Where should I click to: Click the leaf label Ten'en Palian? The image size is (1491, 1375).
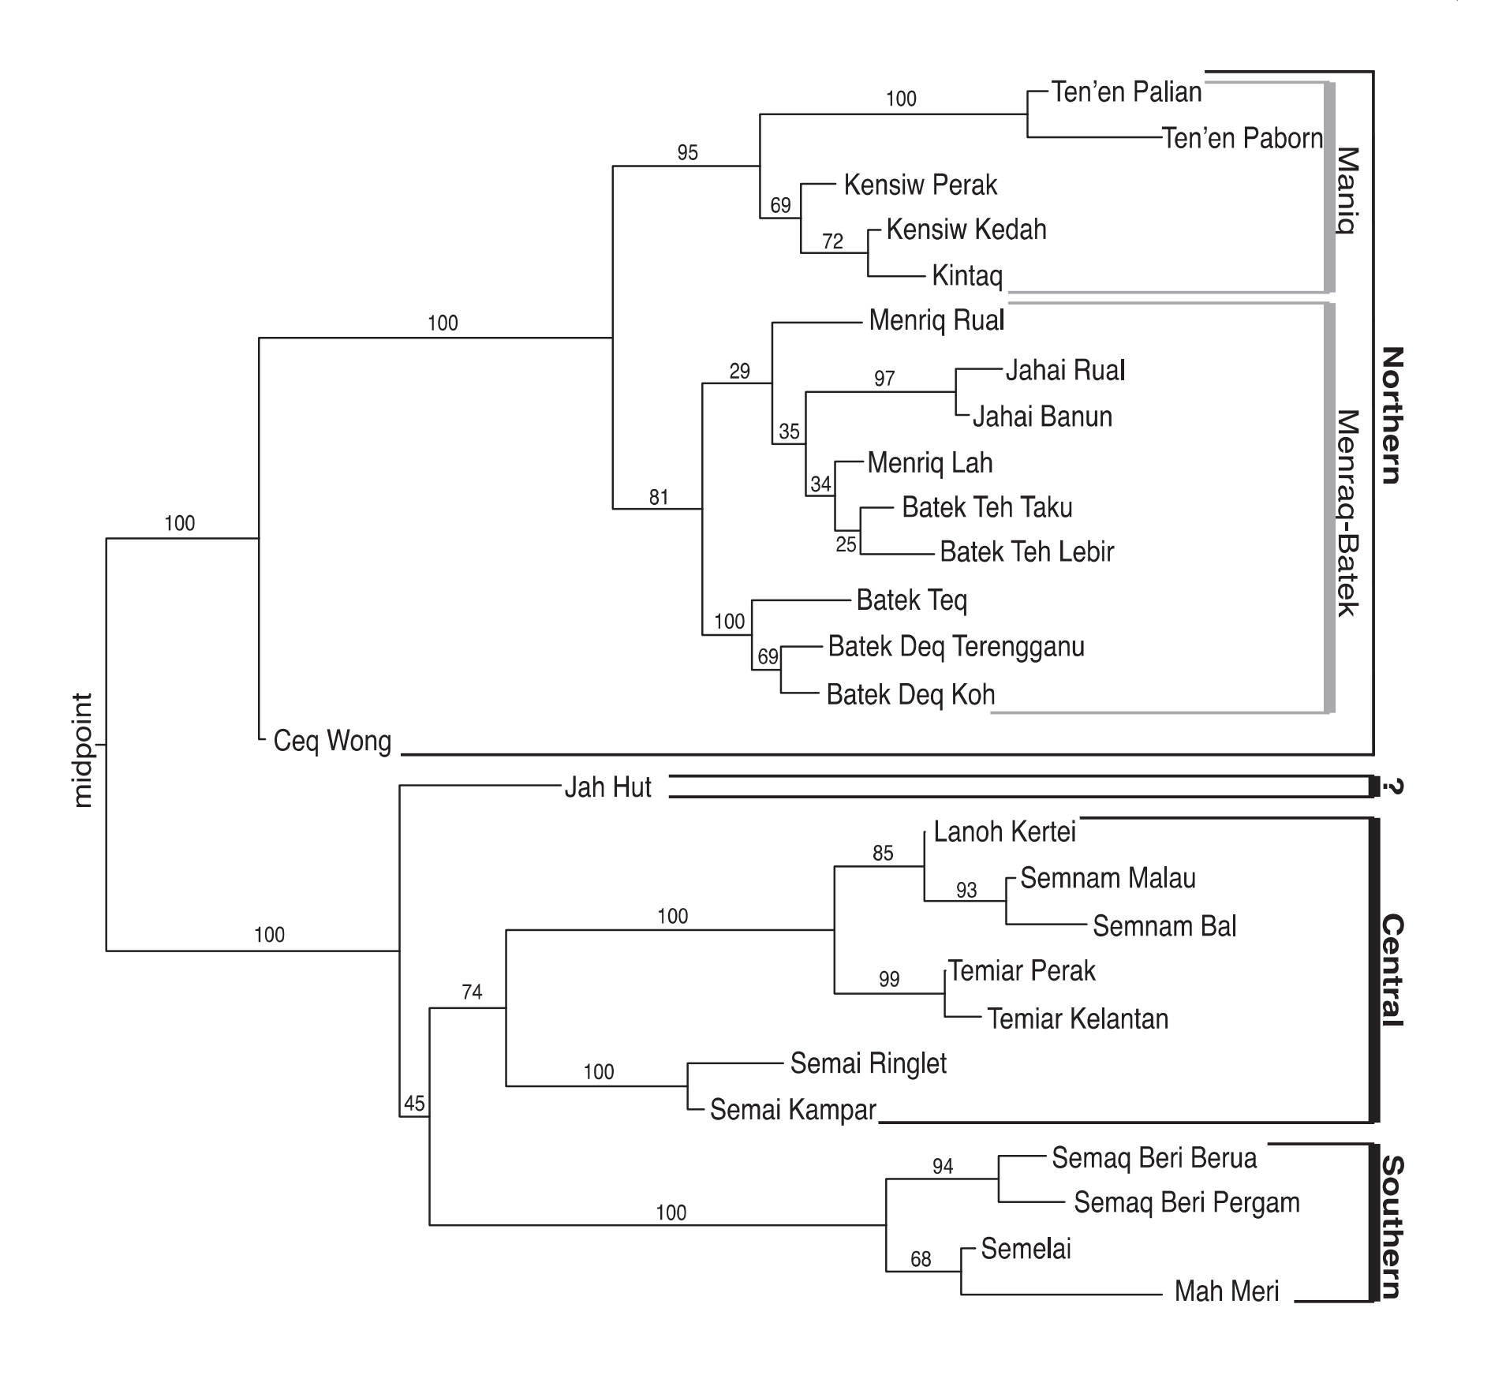click(x=1126, y=92)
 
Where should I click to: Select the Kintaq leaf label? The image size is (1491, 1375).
click(x=966, y=276)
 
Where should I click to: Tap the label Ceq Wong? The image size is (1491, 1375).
click(x=332, y=742)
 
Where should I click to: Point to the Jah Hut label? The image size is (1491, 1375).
click(x=607, y=787)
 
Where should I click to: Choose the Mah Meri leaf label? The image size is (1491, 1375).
click(x=1226, y=1291)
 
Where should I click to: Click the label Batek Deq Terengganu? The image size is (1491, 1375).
click(x=955, y=647)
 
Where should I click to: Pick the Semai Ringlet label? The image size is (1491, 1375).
click(x=868, y=1063)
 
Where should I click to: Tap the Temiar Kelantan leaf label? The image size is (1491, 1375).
click(x=1078, y=1018)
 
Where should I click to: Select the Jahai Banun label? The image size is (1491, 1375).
click(x=1041, y=417)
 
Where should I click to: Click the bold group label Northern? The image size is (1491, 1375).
click(x=1391, y=415)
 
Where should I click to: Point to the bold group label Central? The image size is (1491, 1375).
click(x=1391, y=970)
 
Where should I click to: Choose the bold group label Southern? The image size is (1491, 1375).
click(x=1391, y=1227)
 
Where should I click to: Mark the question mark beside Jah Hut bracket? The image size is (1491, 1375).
click(x=1392, y=787)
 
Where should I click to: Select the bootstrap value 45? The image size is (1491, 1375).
click(x=414, y=1103)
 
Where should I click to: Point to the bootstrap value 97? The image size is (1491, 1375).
click(x=884, y=379)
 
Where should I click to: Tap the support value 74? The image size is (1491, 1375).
click(x=472, y=992)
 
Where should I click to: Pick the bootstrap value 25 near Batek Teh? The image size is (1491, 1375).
click(x=846, y=544)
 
